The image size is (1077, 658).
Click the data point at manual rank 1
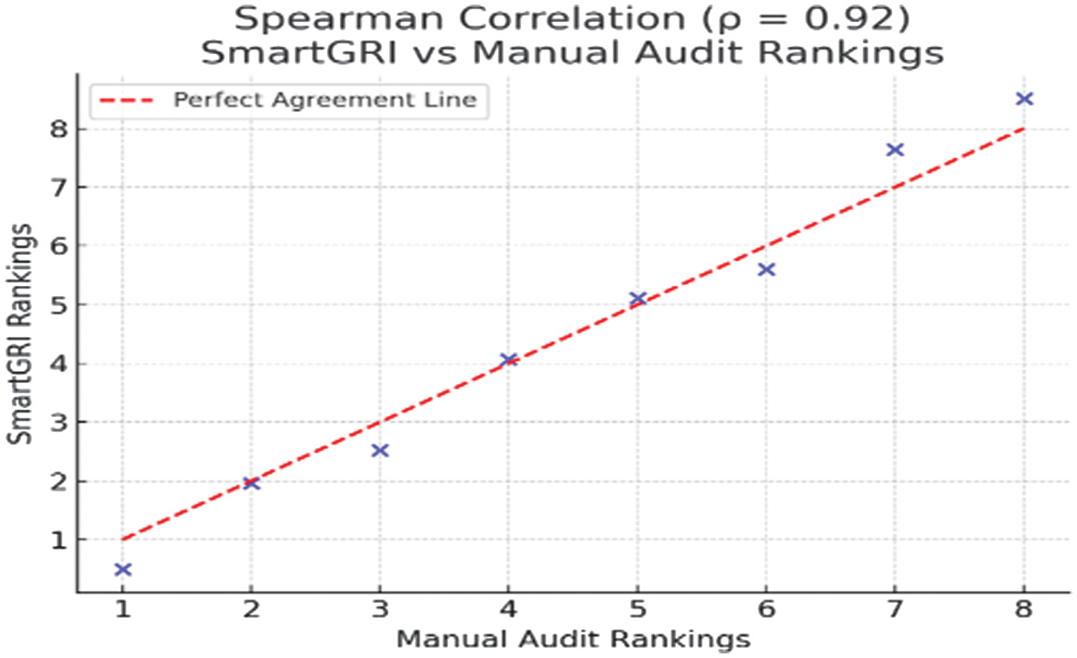coord(123,569)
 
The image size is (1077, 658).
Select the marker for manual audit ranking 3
coord(380,450)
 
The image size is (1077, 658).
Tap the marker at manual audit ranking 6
coord(767,269)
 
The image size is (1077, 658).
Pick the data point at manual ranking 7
coord(896,149)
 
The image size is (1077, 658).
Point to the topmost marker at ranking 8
coord(1025,98)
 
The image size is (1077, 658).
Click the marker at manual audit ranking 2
coord(252,483)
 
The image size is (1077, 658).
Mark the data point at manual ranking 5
coord(638,299)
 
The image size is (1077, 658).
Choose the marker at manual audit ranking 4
coord(509,359)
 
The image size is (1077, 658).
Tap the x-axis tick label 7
coord(896,612)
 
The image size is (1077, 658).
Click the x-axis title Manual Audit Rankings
coord(572,640)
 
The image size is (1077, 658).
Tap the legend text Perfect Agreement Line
coord(324,100)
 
